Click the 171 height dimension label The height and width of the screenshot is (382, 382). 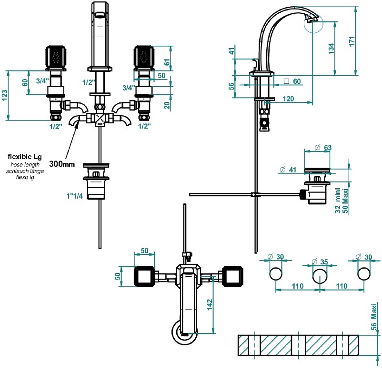(352, 41)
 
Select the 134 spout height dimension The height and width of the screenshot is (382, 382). (331, 49)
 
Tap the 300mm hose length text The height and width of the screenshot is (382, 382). (62, 164)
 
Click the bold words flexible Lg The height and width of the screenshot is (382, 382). (25, 156)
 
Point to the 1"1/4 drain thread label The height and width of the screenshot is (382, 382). (75, 196)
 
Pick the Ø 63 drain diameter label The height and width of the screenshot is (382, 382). (323, 147)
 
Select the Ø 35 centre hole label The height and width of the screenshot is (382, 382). (320, 261)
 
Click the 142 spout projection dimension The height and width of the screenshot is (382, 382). (210, 304)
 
